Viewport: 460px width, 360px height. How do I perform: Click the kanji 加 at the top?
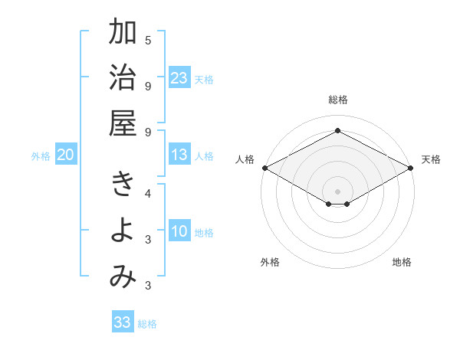[x=123, y=34]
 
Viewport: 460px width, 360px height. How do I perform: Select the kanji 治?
[x=123, y=79]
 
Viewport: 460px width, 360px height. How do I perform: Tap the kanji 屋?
[x=123, y=124]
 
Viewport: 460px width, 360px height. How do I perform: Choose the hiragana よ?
[x=123, y=232]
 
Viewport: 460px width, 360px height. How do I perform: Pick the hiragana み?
[x=123, y=277]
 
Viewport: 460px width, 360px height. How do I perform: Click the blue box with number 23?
[x=179, y=77]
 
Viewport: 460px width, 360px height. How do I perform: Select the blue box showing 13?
[x=179, y=155]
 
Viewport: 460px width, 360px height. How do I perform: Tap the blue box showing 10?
[x=179, y=232]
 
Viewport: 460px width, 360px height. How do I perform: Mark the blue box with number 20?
[x=66, y=155]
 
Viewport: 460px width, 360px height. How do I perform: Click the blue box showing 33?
[x=123, y=322]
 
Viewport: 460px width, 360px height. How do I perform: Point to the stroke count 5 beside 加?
[x=148, y=41]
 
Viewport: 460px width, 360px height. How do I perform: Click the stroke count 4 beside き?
[x=148, y=194]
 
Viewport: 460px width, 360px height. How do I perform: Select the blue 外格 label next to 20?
[x=41, y=156]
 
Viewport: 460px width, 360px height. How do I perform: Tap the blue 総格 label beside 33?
[x=147, y=324]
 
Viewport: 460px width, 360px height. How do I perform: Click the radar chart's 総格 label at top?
[x=338, y=100]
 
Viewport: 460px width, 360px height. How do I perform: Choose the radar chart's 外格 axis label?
[x=270, y=262]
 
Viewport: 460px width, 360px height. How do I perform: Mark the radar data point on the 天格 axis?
[x=412, y=168]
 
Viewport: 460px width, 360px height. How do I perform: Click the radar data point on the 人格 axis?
[x=264, y=168]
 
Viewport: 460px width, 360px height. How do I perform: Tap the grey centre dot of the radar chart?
[x=338, y=190]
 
